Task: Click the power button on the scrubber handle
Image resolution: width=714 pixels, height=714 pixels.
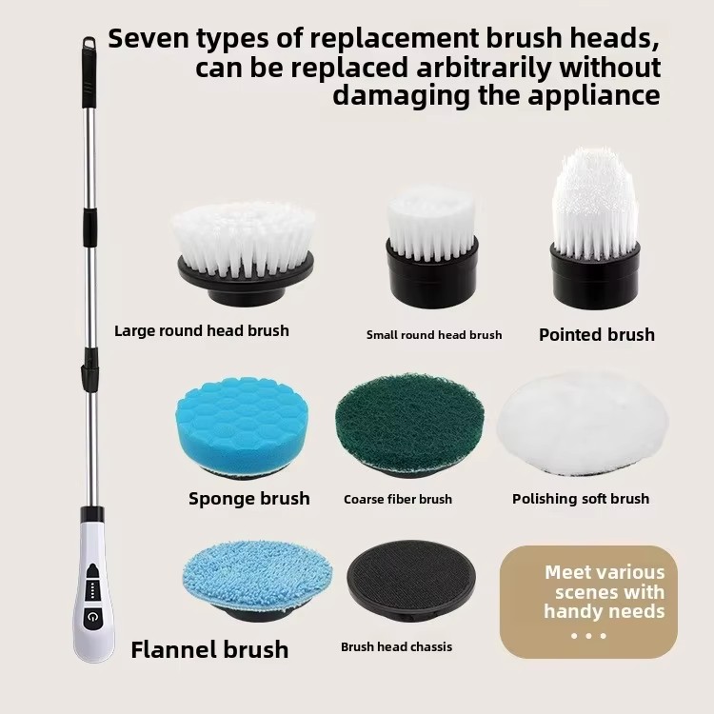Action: [92, 617]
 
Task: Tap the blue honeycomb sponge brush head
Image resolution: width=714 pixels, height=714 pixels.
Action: [242, 426]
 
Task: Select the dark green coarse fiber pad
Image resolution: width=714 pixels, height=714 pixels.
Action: [409, 425]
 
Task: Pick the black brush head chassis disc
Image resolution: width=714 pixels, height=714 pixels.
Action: [411, 584]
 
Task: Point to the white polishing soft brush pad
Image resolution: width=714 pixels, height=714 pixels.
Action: [583, 425]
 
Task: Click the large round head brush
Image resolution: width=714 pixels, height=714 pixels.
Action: [245, 253]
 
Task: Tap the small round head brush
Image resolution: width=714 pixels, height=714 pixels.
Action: [431, 246]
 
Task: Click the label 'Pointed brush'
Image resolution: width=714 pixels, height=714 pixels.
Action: [597, 335]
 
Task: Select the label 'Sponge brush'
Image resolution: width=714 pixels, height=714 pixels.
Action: [249, 498]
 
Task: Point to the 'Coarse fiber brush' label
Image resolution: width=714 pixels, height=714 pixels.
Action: [398, 499]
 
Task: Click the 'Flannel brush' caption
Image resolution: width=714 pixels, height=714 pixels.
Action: [209, 649]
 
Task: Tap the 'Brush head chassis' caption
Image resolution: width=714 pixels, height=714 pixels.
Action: [396, 646]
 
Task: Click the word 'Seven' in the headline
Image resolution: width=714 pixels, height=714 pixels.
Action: [149, 38]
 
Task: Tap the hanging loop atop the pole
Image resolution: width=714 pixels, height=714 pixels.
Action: [89, 42]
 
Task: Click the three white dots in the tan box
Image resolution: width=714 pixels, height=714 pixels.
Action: [588, 636]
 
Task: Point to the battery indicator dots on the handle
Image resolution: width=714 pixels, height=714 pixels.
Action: [92, 591]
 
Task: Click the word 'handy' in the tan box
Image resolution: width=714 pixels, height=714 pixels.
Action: [573, 611]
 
